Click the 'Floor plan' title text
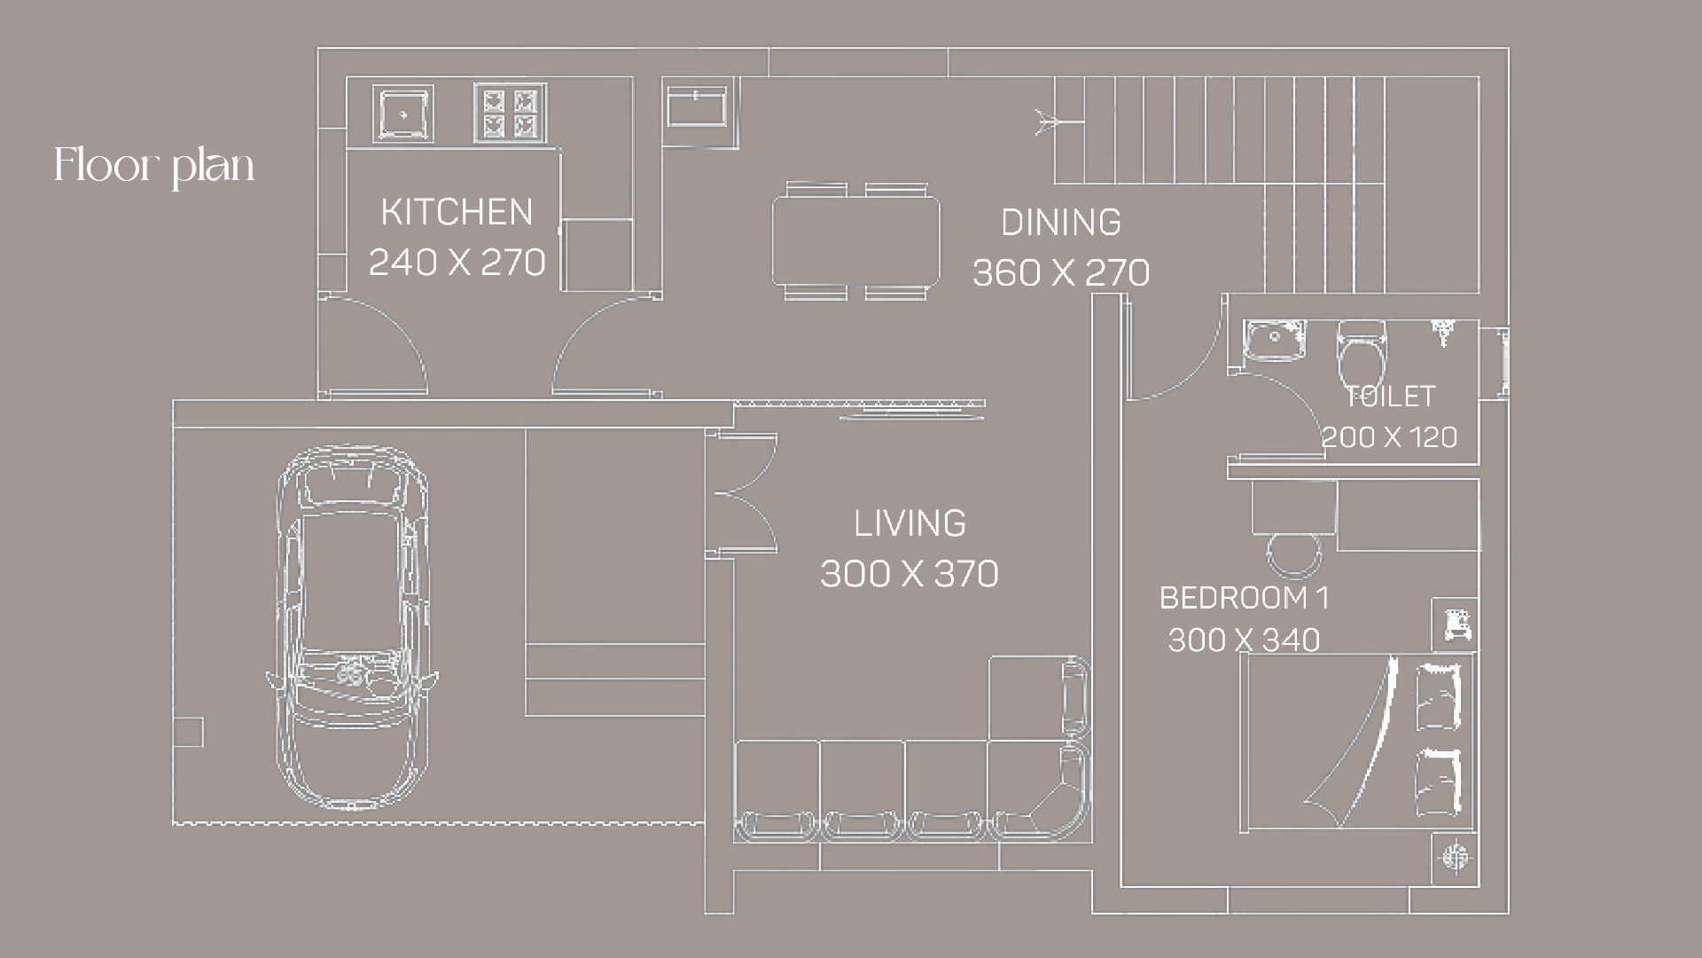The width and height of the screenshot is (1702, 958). coord(154,166)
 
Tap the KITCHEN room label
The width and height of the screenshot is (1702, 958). coord(457,212)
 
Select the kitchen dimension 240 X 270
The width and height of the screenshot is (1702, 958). coord(457,262)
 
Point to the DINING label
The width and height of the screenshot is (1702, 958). coord(1061,222)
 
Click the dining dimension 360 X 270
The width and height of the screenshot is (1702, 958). coord(1061,272)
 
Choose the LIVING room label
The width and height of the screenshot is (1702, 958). coord(910,523)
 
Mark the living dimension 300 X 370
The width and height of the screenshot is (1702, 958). coord(910,574)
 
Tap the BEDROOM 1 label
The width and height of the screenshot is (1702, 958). coord(1245,598)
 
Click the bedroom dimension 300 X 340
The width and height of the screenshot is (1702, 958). coord(1245,640)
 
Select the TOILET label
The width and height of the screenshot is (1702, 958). coord(1390,397)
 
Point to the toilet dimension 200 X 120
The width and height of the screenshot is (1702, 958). coord(1390,436)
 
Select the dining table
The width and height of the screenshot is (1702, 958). coord(855,241)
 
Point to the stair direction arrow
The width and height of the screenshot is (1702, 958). coord(1058,122)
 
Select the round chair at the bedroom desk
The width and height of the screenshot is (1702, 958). coord(1294,554)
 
